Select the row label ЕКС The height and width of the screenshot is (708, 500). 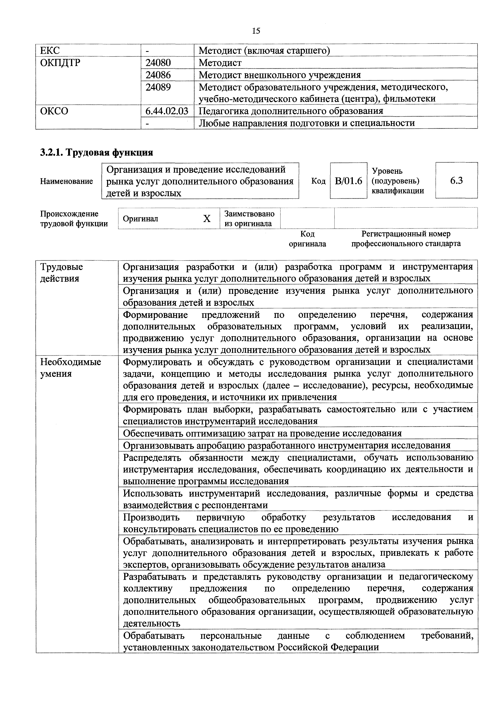50,50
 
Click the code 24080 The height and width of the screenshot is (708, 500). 158,63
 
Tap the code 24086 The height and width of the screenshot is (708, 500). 158,75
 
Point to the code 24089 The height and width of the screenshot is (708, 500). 158,87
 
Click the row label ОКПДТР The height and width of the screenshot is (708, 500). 60,63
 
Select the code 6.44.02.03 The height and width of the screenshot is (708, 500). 167,111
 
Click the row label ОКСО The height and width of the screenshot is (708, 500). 54,111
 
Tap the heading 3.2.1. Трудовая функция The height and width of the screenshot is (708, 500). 96,152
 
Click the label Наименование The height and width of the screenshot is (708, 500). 66,181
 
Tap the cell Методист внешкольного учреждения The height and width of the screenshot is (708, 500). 279,75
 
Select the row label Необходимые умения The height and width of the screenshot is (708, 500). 71,368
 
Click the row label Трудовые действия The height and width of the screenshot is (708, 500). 62,273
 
